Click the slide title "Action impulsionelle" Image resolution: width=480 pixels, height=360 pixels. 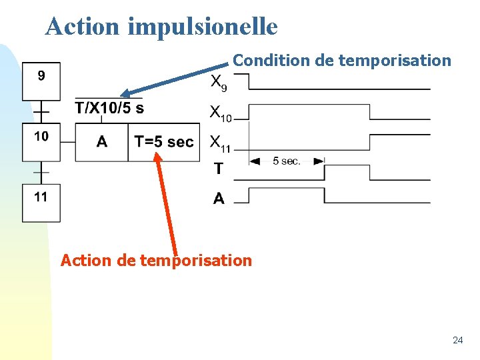161,26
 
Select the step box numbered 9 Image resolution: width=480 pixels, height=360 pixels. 41,81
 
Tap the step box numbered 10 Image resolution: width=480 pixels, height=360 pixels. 41,141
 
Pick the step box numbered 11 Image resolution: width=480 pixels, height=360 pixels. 41,202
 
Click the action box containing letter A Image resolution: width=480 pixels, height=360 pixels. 101,142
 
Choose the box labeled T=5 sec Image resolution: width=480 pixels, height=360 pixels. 164,142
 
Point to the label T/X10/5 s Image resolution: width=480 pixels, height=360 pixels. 109,107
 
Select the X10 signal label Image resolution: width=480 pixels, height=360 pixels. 221,114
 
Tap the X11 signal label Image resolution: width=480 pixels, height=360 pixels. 221,143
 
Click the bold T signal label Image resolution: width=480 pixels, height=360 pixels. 219,169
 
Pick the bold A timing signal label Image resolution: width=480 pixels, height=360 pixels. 219,198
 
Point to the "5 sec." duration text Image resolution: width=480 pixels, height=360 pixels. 287,161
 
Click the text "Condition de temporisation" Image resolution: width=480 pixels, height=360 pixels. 342,61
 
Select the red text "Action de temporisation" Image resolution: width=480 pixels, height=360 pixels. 156,260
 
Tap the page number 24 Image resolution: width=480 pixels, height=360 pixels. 457,340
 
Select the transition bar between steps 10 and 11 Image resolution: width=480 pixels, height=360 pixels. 41,172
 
